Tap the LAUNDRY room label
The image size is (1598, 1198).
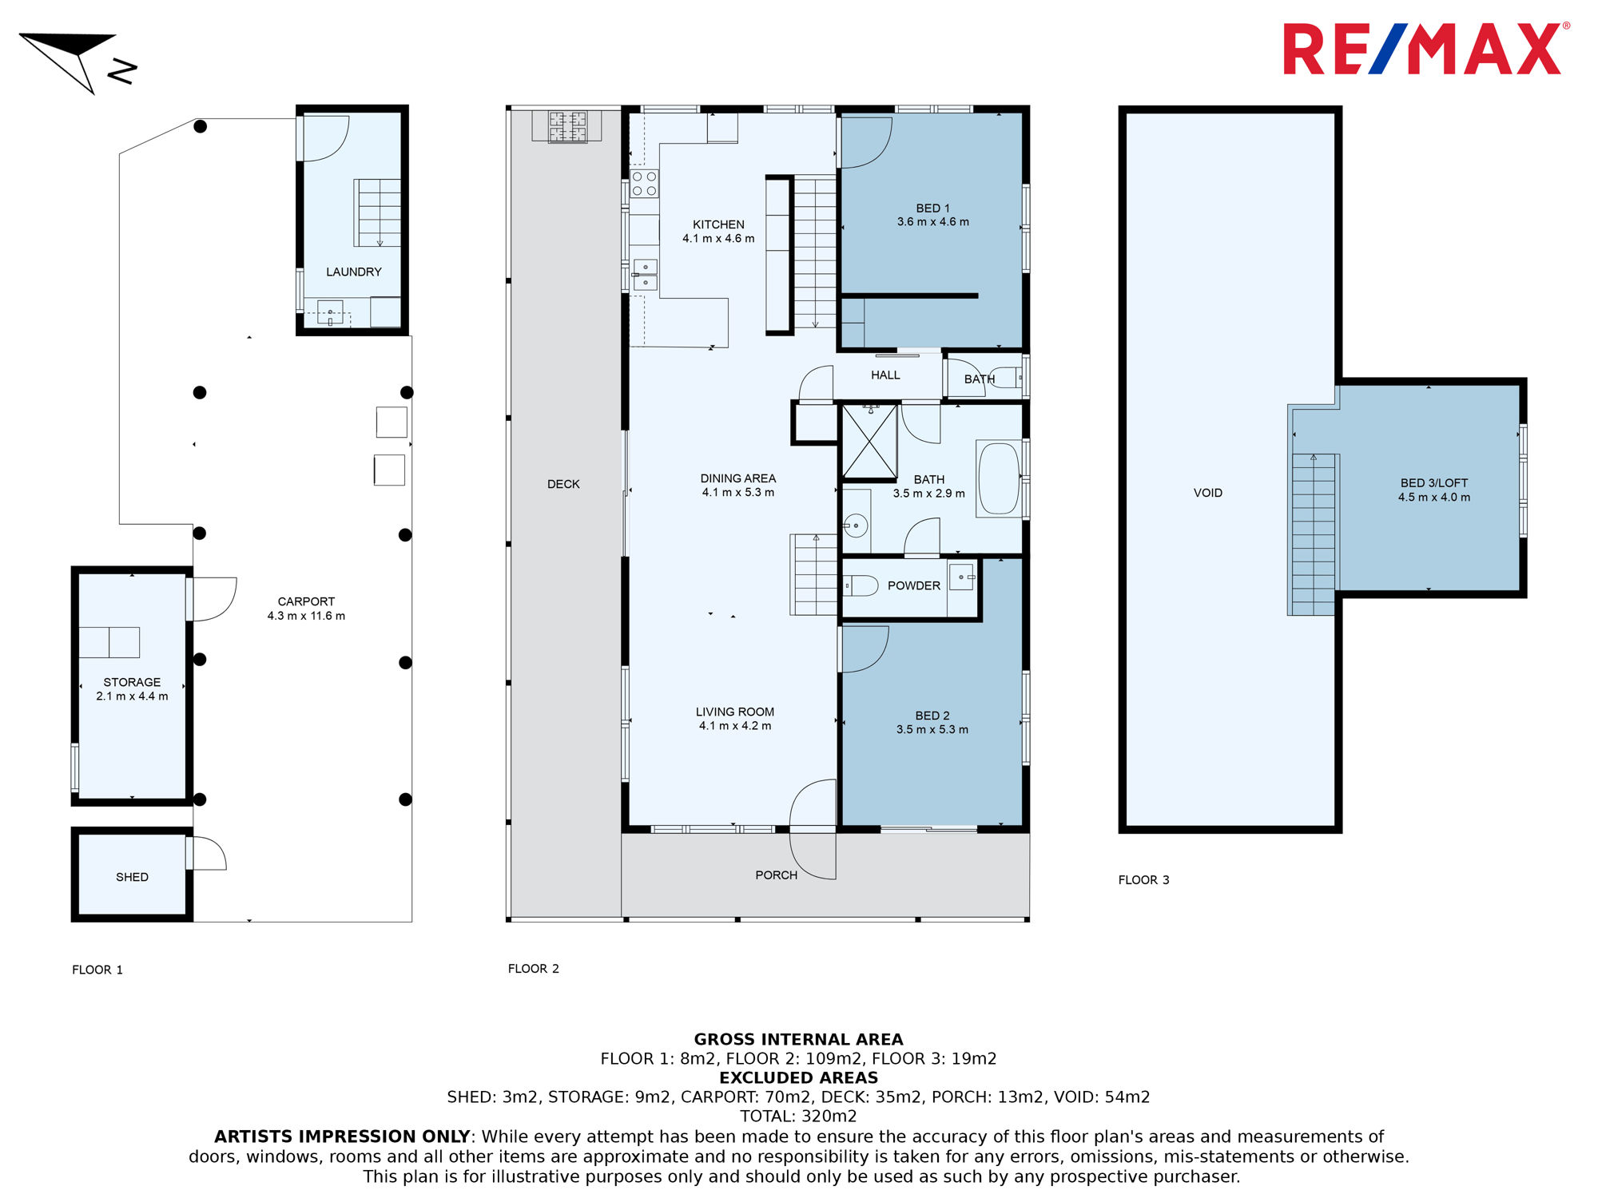click(354, 272)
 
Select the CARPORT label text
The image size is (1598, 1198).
click(306, 601)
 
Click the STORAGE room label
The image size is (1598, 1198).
click(132, 682)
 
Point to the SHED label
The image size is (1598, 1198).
click(132, 877)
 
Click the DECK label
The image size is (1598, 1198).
click(563, 484)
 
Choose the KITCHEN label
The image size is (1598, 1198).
click(718, 224)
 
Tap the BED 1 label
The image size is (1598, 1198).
click(932, 208)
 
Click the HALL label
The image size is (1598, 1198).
click(885, 375)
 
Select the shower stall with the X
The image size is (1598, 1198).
click(869, 442)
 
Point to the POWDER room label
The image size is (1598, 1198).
click(914, 585)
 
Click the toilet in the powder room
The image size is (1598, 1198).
click(861, 586)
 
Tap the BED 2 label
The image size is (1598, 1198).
click(932, 716)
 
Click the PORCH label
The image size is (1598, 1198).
click(776, 875)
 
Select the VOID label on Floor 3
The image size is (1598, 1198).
click(1207, 493)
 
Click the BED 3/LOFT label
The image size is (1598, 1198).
click(1433, 483)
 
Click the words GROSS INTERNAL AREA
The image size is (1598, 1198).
click(798, 1039)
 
